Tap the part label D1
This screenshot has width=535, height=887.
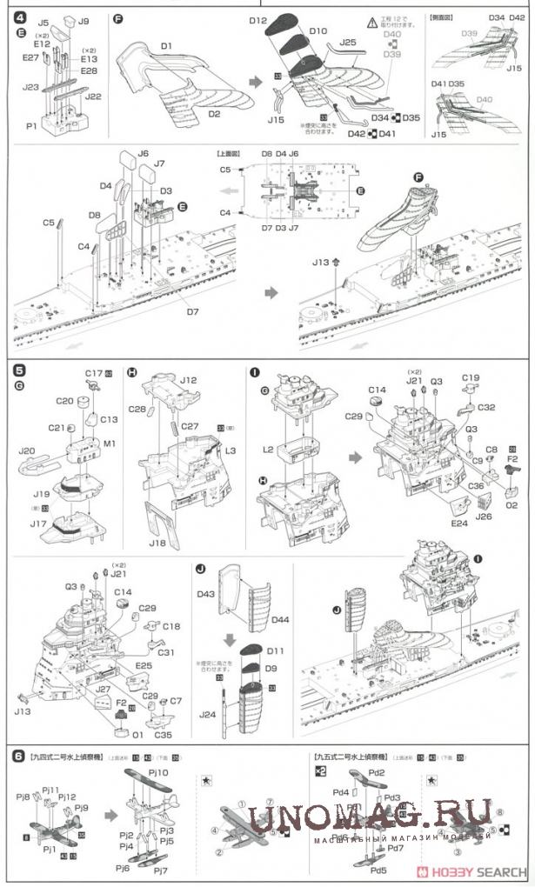point(165,45)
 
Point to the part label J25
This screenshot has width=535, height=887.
point(348,41)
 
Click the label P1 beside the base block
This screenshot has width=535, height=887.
point(31,126)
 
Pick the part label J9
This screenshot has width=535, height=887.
point(84,20)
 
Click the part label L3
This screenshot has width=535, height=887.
point(231,451)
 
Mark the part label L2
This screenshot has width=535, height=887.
point(268,450)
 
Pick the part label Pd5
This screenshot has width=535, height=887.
point(377,870)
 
